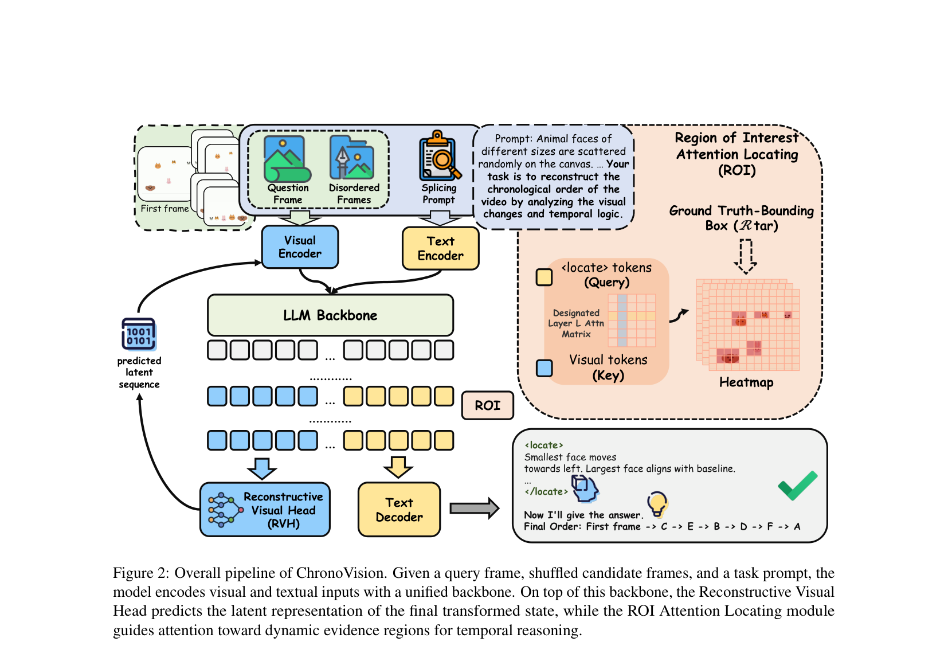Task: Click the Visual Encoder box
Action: click(x=300, y=247)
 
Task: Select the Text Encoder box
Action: click(x=441, y=249)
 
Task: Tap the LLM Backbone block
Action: click(x=330, y=315)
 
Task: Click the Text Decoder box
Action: click(x=399, y=510)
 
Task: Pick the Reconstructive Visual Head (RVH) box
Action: click(x=265, y=510)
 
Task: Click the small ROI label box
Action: click(x=488, y=405)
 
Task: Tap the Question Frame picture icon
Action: click(x=287, y=159)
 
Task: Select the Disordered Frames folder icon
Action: click(x=352, y=158)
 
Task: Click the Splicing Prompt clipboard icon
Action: click(x=440, y=156)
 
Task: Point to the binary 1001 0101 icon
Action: click(x=139, y=335)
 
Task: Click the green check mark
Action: click(x=798, y=485)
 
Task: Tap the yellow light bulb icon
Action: click(x=657, y=504)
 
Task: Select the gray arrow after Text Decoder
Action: click(x=475, y=508)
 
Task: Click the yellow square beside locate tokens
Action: click(x=544, y=277)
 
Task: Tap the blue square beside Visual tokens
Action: click(x=544, y=368)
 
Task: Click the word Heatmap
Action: click(x=746, y=382)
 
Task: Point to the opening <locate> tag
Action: click(x=544, y=445)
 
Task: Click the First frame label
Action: click(x=164, y=208)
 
